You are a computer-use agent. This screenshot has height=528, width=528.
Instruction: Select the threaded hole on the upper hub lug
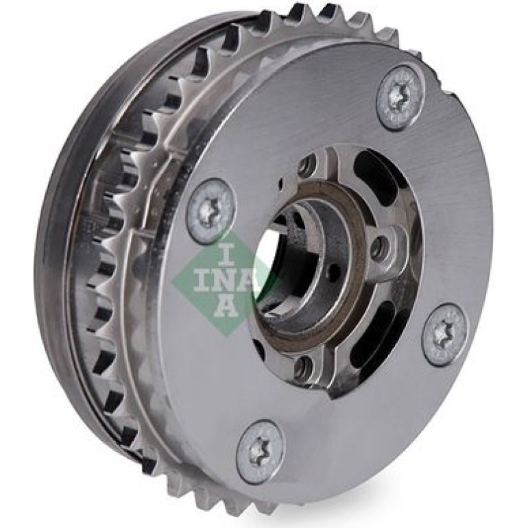[x=309, y=165]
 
